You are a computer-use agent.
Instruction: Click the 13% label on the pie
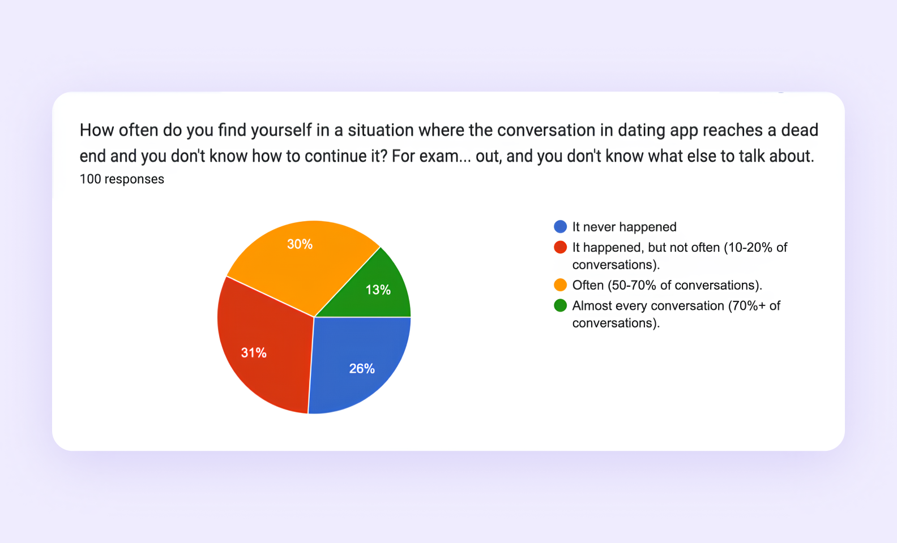point(378,290)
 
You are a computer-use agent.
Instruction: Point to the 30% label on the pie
point(300,244)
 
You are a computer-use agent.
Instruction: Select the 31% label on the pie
point(254,353)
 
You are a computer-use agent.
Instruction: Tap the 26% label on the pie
point(362,369)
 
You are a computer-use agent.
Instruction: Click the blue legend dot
point(560,227)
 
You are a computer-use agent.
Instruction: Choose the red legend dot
point(560,247)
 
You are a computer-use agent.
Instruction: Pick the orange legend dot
point(560,285)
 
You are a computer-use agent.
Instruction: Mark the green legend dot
point(560,305)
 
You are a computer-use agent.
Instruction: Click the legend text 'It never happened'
point(624,227)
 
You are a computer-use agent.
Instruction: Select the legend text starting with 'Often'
point(667,285)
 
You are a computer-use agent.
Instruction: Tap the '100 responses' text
point(122,179)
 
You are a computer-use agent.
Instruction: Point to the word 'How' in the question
point(97,130)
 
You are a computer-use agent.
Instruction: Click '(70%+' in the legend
point(746,306)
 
